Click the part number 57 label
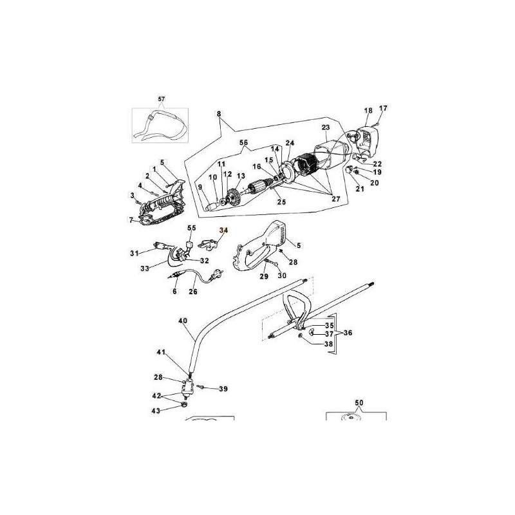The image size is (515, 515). coord(161,98)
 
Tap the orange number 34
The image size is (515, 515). coord(223,230)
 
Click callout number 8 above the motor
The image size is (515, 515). coord(218,115)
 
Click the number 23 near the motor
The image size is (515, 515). coord(325,127)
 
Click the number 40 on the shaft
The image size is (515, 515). coord(183,320)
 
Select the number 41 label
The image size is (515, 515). coord(161,352)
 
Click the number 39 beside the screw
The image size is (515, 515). coord(223,389)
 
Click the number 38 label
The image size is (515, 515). coord(329,344)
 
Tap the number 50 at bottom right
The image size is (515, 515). coord(359,402)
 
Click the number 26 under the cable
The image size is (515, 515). coord(192,292)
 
